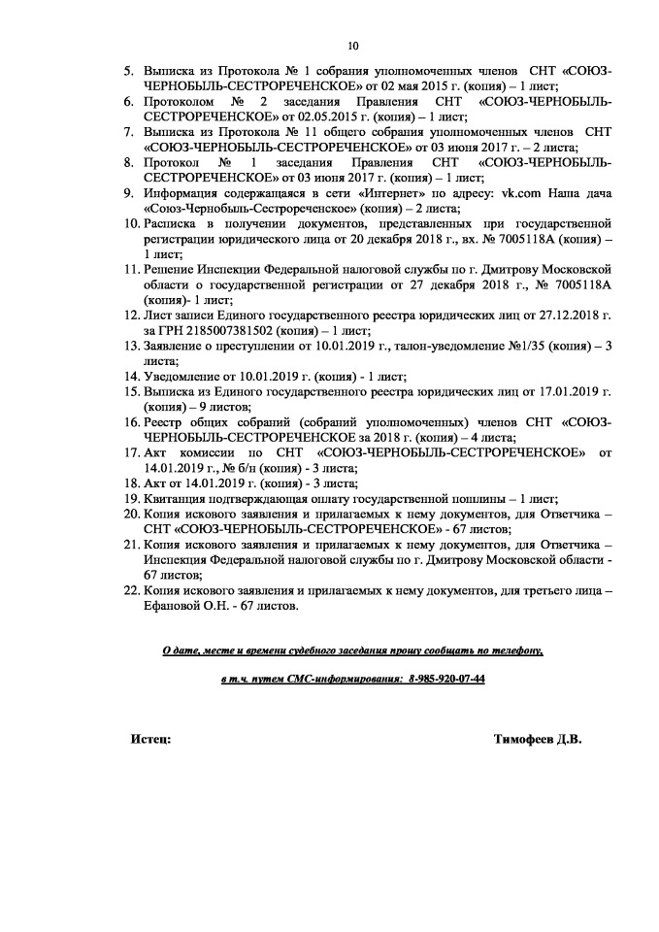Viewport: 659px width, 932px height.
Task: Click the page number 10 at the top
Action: (x=352, y=45)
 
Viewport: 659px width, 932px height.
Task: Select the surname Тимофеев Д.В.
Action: (x=537, y=740)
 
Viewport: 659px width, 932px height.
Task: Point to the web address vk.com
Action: (x=518, y=193)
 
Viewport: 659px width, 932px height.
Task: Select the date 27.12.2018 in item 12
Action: (x=568, y=315)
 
